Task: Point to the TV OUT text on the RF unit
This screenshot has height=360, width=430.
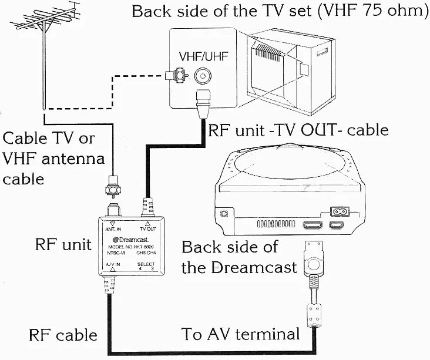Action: pos(148,227)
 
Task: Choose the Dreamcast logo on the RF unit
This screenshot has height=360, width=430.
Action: pos(127,239)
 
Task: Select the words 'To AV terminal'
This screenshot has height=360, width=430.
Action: pos(240,335)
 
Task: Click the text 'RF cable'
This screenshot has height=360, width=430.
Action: pos(63,335)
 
